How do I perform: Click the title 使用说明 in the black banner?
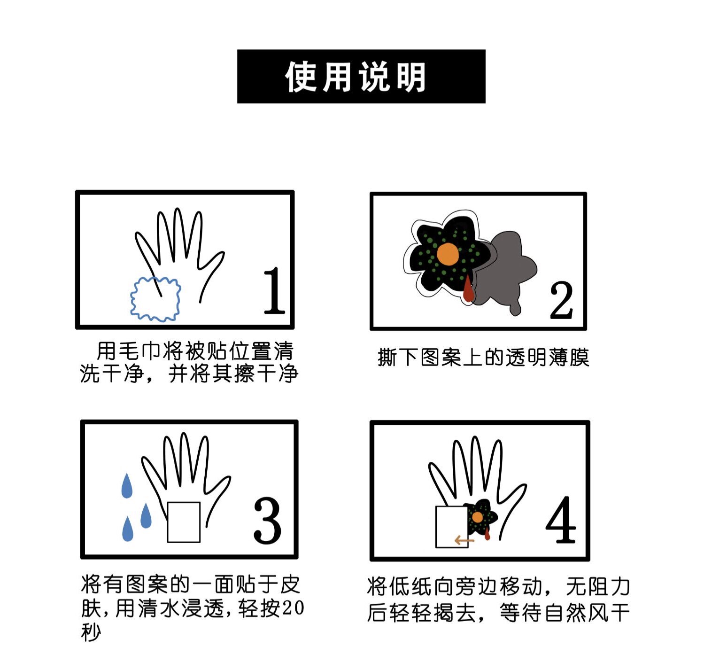pos(355,76)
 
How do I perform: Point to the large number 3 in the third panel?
pos(267,520)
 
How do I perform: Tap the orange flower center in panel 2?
pos(448,254)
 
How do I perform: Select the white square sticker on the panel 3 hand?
pos(184,522)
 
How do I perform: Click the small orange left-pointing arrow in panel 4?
pos(464,540)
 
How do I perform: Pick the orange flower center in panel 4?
pos(477,517)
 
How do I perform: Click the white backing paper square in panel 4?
pos(451,526)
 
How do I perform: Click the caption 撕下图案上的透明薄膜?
pos(483,357)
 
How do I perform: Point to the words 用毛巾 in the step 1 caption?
pos(128,351)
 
